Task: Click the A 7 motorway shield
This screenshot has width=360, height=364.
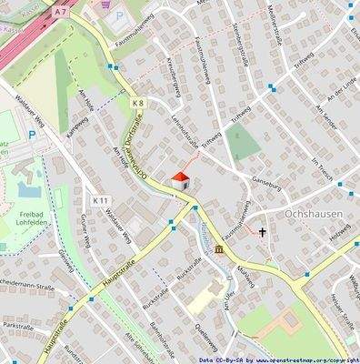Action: [x=60, y=12]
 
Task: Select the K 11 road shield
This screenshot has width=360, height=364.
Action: [x=101, y=200]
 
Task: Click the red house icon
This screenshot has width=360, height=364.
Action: [x=181, y=181]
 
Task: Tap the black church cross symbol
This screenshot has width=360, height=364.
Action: [x=263, y=233]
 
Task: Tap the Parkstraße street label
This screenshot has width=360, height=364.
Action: [x=18, y=325]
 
